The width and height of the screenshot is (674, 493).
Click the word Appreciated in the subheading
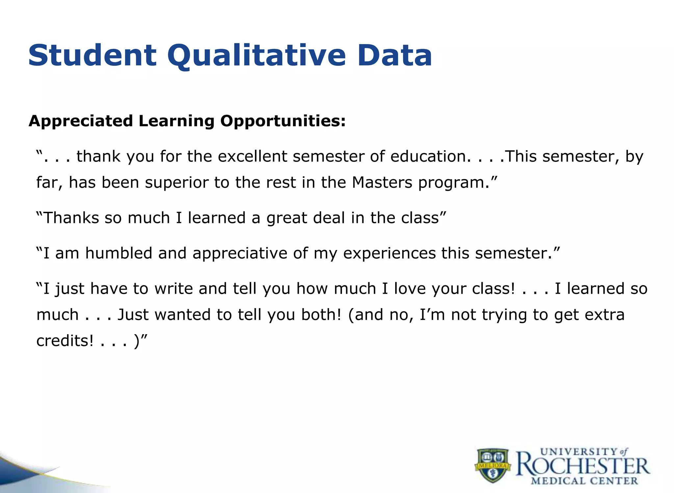81,121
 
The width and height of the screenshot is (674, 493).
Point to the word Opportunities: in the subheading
283,121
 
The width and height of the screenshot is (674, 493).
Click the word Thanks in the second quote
71,218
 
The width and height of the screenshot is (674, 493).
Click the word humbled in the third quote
118,253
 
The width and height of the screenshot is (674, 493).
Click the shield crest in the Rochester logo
492,465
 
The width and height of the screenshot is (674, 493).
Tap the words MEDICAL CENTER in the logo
584,481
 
